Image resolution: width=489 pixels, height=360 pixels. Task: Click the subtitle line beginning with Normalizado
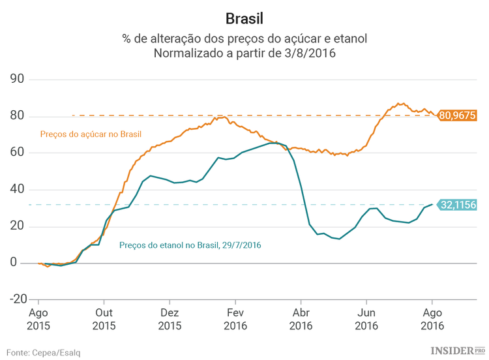point(244,53)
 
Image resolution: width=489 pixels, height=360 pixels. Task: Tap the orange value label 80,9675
point(457,115)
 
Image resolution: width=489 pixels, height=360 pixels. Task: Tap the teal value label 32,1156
point(458,205)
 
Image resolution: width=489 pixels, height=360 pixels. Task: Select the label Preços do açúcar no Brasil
point(91,134)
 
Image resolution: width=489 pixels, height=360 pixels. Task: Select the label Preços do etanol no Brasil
point(190,245)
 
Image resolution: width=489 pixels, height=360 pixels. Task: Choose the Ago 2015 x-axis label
point(38,319)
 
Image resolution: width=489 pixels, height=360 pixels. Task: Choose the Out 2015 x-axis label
point(104,319)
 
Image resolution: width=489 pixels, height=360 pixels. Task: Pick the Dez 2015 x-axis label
point(170,319)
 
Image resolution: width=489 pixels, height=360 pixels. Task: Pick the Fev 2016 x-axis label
point(235,319)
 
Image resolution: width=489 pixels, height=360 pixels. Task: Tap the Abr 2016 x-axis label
point(301,319)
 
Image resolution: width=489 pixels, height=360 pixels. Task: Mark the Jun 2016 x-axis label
point(366,319)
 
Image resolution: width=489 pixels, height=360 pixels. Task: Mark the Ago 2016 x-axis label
point(432,319)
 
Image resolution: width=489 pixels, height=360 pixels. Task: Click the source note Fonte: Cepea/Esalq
point(44,352)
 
